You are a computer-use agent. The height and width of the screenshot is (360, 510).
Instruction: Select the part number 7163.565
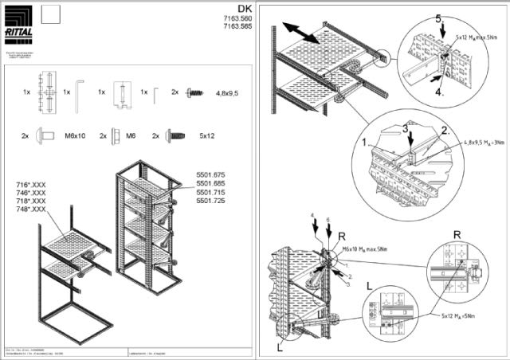[x=235, y=26]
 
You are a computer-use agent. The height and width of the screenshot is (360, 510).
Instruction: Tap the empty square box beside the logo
[x=51, y=14]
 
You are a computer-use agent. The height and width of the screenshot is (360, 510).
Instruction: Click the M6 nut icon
[x=116, y=136]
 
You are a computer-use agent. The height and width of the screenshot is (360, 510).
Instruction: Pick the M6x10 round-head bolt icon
[x=46, y=136]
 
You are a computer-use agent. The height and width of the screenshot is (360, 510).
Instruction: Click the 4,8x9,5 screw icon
[x=194, y=92]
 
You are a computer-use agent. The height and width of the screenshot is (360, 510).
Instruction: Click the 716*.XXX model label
[x=31, y=185]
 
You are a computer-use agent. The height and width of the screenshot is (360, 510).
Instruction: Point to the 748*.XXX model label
[x=31, y=209]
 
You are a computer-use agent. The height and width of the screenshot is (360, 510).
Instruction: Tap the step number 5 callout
[x=437, y=18]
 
